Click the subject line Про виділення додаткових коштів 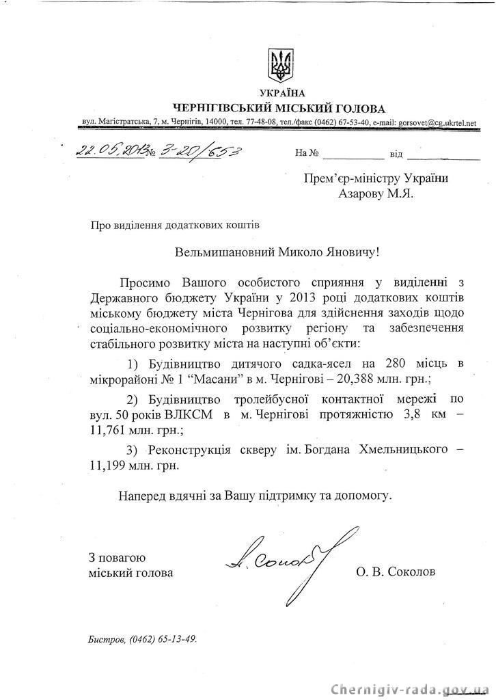pyautogui.click(x=174, y=223)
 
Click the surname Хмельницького pyautogui.click(x=404, y=450)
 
